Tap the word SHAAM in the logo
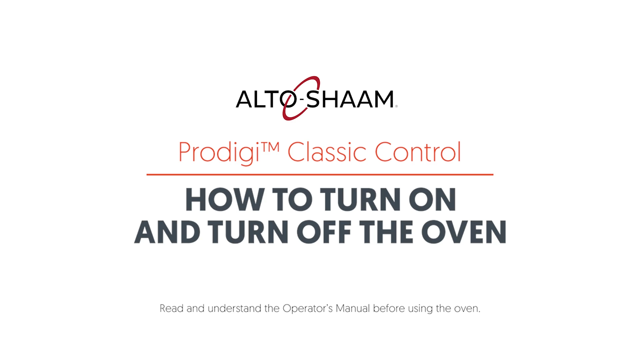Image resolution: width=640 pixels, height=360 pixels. tap(350, 99)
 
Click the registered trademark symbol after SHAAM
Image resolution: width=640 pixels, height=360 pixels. tap(396, 106)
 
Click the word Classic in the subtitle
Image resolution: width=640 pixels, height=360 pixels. tap(327, 152)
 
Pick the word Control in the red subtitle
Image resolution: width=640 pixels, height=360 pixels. tap(418, 152)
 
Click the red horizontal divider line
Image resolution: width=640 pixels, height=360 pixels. tap(320, 174)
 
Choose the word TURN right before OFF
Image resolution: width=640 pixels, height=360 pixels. tap(248, 232)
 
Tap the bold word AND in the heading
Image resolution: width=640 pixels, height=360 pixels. tap(167, 232)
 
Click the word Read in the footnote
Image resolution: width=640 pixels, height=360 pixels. tap(172, 308)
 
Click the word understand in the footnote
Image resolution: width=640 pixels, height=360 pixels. tap(234, 308)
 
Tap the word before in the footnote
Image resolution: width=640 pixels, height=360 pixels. tap(389, 308)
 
